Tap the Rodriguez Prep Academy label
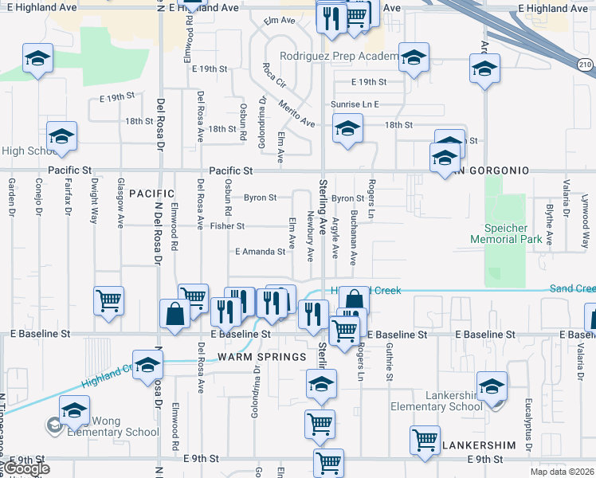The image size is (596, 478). tap(338, 57)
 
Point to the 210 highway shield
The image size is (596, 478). tap(586, 65)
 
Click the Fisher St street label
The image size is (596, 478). tap(228, 226)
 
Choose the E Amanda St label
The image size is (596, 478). tap(260, 252)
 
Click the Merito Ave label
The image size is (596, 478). tap(296, 114)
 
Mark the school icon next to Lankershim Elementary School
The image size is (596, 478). tap(493, 386)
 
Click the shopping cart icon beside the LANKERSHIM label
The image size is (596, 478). tap(425, 439)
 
